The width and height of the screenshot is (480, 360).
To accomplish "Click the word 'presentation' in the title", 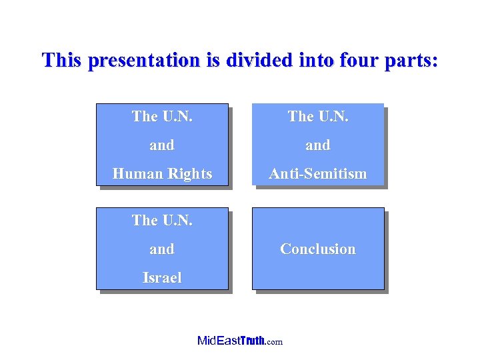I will [x=143, y=61].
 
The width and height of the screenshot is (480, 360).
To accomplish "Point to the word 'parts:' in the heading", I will [x=413, y=61].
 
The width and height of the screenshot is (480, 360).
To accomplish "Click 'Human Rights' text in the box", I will [x=162, y=174].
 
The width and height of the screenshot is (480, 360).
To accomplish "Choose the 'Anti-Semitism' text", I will [x=317, y=174].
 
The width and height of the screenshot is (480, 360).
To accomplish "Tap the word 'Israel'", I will [x=162, y=277].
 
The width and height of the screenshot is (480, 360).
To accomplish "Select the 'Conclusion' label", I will [x=317, y=249].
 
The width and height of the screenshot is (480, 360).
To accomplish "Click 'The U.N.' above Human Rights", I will [x=162, y=116].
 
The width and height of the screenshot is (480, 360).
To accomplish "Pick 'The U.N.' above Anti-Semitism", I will [x=317, y=116].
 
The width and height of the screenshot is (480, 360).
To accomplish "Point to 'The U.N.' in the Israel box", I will [x=162, y=220].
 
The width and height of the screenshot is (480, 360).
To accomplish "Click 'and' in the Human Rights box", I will [x=162, y=145].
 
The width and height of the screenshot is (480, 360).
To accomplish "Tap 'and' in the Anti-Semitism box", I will [x=317, y=145].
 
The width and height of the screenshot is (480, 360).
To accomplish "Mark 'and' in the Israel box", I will [x=162, y=249].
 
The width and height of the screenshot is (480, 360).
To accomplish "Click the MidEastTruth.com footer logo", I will [x=240, y=341].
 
